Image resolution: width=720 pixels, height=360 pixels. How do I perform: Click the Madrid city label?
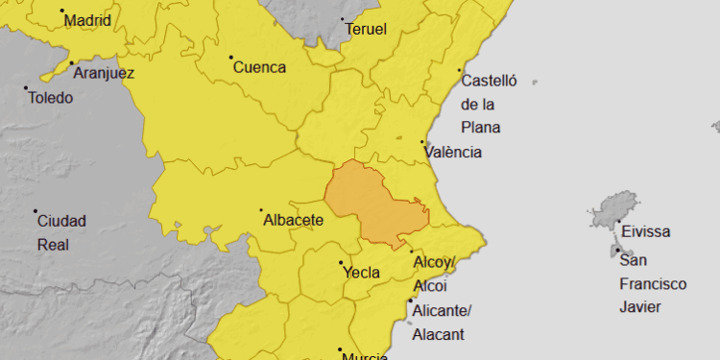(x=87, y=20)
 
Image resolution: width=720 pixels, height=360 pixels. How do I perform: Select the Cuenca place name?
(x=260, y=67)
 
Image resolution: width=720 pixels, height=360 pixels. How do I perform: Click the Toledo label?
(x=51, y=97)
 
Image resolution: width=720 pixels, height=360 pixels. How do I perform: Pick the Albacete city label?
(x=293, y=220)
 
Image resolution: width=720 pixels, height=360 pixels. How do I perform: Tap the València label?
(x=455, y=152)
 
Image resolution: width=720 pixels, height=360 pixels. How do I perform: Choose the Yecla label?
(x=361, y=273)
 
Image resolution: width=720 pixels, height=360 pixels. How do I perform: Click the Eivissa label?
(x=645, y=231)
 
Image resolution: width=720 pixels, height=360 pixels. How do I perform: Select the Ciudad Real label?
(x=61, y=232)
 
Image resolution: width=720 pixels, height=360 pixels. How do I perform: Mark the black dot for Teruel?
(x=343, y=19)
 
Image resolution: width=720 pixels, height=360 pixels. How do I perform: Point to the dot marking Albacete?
(x=260, y=210)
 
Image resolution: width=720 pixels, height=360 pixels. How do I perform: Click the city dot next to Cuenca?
(x=231, y=58)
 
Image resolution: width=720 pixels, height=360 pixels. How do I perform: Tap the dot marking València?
(x=421, y=142)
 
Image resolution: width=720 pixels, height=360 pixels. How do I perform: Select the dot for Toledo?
(x=26, y=88)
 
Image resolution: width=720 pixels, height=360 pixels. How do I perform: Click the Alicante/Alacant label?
(x=441, y=322)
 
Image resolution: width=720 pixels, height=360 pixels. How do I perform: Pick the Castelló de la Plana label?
(x=488, y=104)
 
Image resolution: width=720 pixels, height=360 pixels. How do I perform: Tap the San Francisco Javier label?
(x=653, y=284)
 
